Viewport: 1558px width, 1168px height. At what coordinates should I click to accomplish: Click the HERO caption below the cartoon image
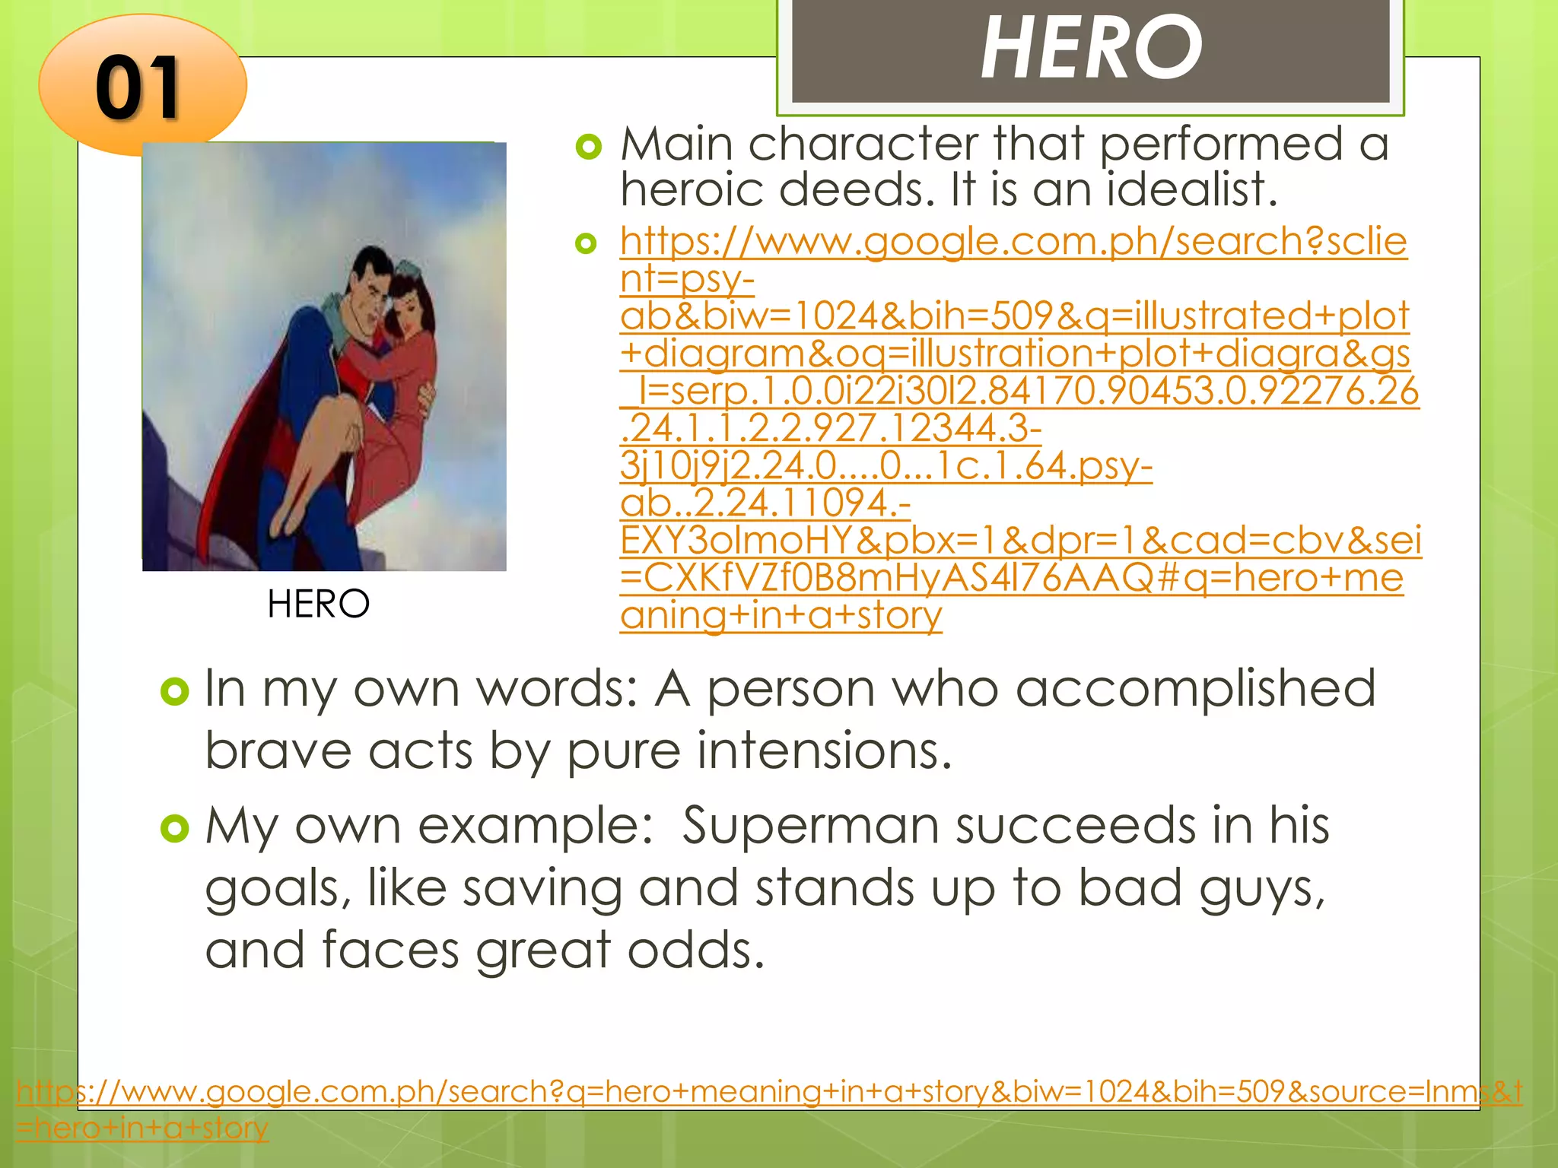[x=318, y=604]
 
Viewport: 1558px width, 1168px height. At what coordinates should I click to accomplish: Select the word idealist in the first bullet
[x=1191, y=189]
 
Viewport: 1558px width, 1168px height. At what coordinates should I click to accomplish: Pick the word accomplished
[x=1194, y=688]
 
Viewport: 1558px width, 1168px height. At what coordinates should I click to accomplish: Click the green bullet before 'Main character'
[x=588, y=146]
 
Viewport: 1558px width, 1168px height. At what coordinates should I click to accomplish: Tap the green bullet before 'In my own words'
[x=175, y=691]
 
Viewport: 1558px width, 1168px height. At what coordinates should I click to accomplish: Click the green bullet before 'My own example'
[x=175, y=828]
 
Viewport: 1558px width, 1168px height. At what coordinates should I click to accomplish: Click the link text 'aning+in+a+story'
[x=781, y=615]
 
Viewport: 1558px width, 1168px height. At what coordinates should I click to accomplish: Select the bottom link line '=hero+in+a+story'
[x=142, y=1127]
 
